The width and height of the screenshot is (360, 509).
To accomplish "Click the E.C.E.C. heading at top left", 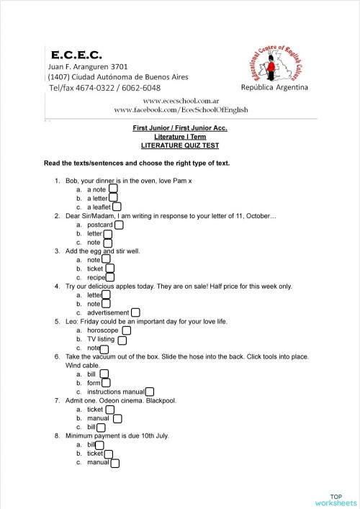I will coord(76,54).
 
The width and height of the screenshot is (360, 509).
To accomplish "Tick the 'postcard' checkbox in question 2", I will coord(119,225).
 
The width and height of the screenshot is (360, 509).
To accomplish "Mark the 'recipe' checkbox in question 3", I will coord(110,277).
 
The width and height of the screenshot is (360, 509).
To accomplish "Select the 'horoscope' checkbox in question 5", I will coord(126,330).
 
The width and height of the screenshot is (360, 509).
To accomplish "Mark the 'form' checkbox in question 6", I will coord(106,383).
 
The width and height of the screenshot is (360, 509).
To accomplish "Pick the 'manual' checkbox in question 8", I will coord(114,462).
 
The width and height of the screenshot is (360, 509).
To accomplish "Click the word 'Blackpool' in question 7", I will coord(160,400).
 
